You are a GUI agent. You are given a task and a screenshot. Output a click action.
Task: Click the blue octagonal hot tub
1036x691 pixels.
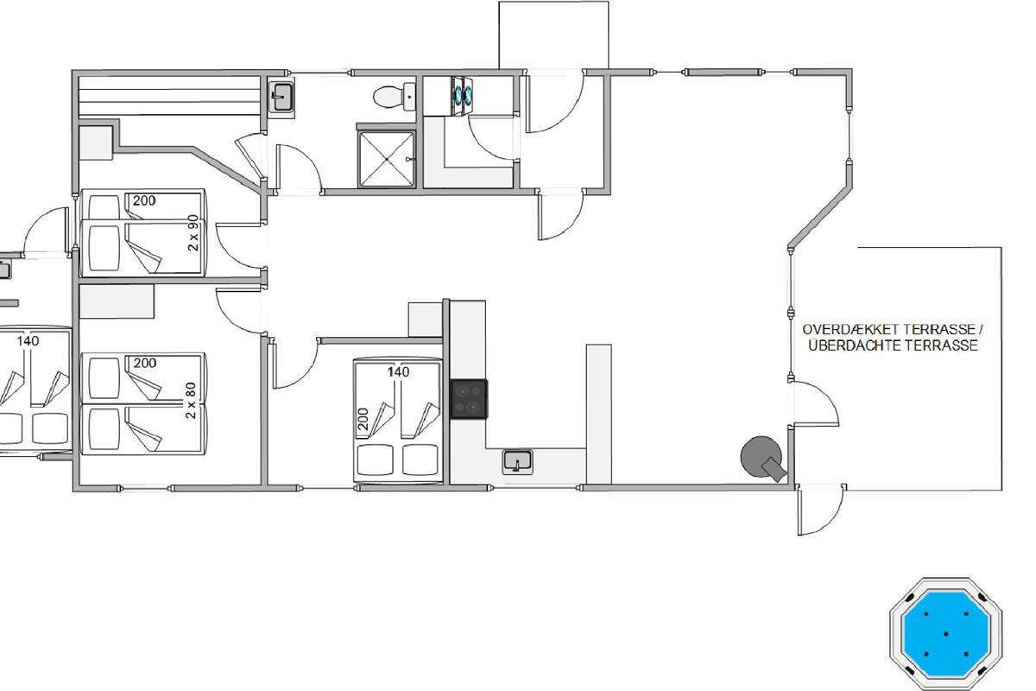[946, 634]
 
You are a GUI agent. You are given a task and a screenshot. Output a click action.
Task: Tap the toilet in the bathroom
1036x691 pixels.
[394, 96]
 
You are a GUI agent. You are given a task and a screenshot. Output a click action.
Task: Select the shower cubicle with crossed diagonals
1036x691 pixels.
[387, 159]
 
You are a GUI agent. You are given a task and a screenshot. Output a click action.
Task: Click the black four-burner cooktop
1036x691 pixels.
[469, 399]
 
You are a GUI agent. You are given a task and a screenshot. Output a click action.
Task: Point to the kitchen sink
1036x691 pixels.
[517, 461]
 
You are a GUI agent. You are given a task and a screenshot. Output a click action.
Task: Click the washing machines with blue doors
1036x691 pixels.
[462, 95]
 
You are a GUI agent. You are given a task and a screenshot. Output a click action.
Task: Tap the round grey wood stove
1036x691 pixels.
[762, 457]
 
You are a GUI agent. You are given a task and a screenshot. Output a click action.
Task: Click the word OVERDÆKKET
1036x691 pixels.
[851, 330]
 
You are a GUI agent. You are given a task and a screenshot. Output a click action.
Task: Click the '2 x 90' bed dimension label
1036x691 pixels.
[193, 233]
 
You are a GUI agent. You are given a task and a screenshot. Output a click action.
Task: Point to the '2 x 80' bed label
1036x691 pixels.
[191, 400]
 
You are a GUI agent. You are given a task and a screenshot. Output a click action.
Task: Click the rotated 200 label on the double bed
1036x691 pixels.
[363, 419]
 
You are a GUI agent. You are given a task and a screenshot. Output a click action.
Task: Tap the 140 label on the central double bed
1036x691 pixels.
[398, 371]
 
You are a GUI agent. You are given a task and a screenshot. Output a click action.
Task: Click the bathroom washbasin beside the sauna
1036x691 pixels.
[281, 97]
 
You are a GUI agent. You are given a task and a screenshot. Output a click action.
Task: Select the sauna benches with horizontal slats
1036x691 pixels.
[169, 96]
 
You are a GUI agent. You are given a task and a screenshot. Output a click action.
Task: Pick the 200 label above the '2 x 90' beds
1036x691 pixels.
[144, 200]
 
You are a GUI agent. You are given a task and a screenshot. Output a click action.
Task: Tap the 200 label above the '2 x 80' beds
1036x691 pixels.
[145, 363]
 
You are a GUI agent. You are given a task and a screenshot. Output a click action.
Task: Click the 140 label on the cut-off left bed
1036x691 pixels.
[28, 341]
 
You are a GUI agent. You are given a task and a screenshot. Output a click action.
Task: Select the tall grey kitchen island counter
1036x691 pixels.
[599, 415]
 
